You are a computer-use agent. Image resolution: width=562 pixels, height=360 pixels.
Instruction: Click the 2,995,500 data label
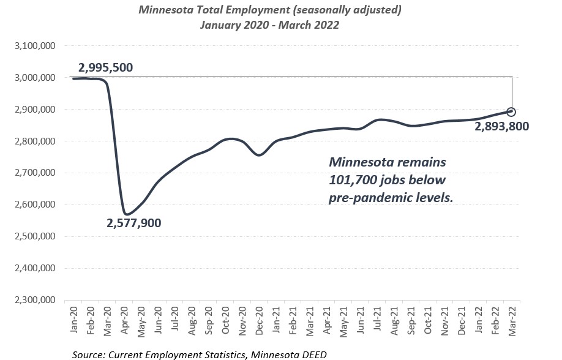[x=106, y=67]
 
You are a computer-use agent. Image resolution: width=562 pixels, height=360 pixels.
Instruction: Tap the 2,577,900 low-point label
[x=134, y=223]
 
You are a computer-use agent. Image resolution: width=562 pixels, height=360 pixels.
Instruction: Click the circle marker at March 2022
[x=511, y=112]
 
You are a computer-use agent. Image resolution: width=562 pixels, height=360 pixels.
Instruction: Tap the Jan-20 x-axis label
[x=74, y=319]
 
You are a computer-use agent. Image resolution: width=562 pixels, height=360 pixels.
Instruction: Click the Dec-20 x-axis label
[x=259, y=319]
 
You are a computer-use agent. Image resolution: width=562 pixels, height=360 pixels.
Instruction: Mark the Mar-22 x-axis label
[x=511, y=319]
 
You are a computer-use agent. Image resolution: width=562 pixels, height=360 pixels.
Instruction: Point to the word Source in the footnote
[x=88, y=354]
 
